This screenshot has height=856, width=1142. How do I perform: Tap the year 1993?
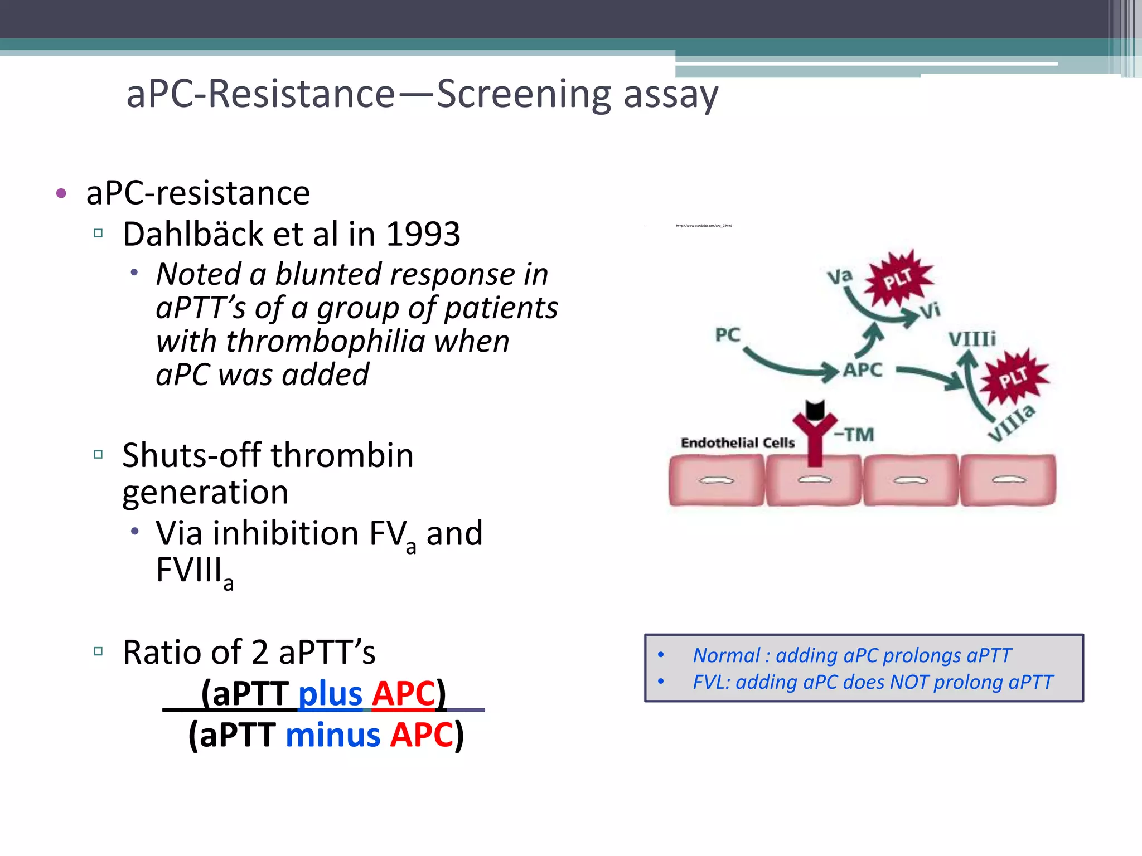(423, 234)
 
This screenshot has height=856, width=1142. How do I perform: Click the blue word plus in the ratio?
(330, 694)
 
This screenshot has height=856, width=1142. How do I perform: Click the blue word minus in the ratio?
(333, 735)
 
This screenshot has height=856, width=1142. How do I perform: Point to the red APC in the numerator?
(403, 694)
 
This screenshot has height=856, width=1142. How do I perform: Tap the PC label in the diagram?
(727, 335)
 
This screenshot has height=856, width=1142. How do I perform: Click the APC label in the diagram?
(862, 370)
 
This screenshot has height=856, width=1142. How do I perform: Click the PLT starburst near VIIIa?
(1013, 378)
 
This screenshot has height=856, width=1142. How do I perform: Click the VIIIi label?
(972, 339)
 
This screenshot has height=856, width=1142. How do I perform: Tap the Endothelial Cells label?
(737, 443)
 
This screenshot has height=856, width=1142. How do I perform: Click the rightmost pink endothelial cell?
(1008, 480)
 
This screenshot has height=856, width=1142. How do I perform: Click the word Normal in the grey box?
(726, 655)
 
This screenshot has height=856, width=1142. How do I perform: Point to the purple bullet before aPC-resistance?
(61, 194)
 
